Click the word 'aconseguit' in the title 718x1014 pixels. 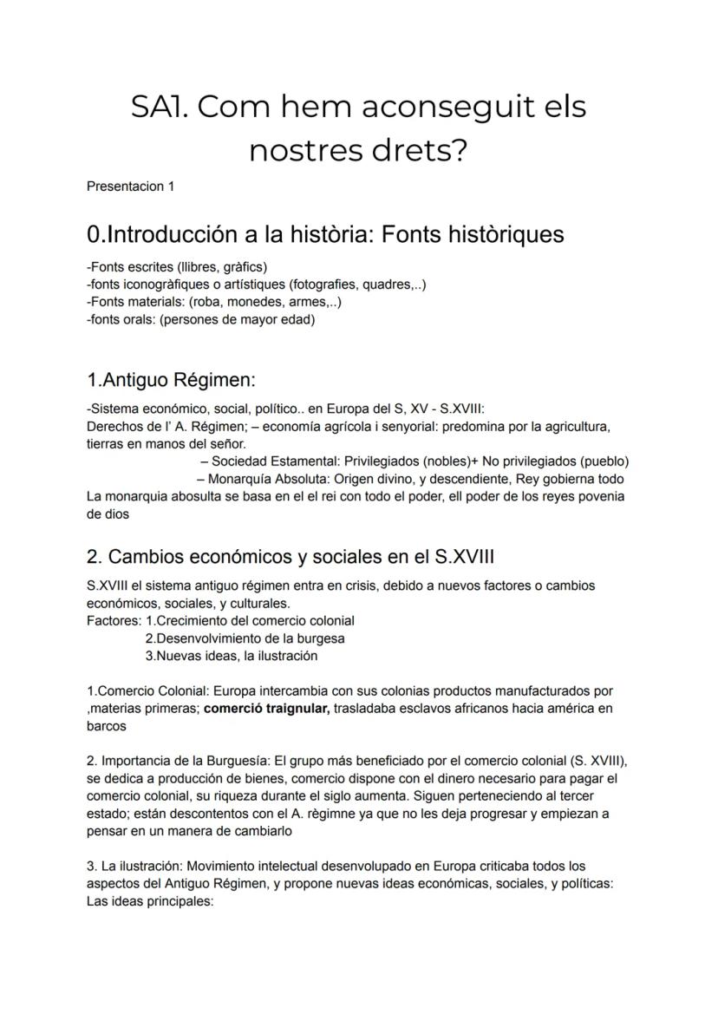[x=442, y=108]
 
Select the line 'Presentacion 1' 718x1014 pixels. [x=131, y=186]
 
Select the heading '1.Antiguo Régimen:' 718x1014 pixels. [x=172, y=380]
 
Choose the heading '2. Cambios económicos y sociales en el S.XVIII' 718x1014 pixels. [x=290, y=556]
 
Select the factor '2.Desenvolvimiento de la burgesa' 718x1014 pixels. [x=245, y=638]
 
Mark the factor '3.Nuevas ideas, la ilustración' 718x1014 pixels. [x=232, y=656]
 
